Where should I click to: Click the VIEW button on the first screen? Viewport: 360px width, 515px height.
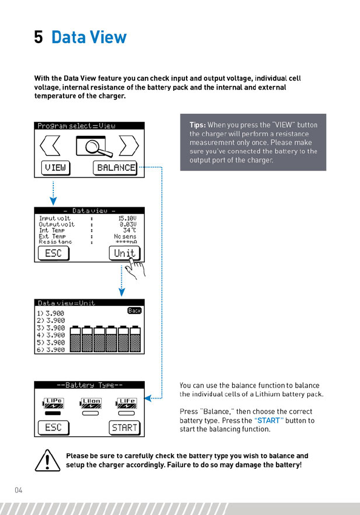tap(56, 168)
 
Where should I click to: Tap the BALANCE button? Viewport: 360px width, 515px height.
tap(115, 168)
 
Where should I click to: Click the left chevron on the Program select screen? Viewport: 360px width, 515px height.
tap(50, 145)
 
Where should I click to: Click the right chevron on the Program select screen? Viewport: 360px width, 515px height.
tap(129, 145)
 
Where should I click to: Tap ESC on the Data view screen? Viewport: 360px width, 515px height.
tap(53, 253)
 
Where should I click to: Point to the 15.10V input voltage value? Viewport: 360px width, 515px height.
tap(127, 218)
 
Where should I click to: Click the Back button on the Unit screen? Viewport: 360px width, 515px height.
tap(135, 310)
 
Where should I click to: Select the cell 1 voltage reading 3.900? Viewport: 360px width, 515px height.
tap(55, 313)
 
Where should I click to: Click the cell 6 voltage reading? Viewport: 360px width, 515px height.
tap(55, 350)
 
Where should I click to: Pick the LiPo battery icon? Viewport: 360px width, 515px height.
tap(53, 403)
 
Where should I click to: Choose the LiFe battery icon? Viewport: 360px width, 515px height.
tap(127, 403)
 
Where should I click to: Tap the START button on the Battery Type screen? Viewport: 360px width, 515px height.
tap(124, 428)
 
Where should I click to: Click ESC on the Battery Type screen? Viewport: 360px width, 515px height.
tap(53, 428)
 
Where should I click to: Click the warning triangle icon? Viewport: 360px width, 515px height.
tap(48, 460)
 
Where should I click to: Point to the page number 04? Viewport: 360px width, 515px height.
tap(18, 490)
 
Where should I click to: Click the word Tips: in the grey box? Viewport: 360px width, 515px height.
tap(198, 125)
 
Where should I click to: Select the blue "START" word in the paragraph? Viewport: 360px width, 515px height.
tap(269, 420)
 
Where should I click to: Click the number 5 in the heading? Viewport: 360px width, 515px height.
tap(38, 37)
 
